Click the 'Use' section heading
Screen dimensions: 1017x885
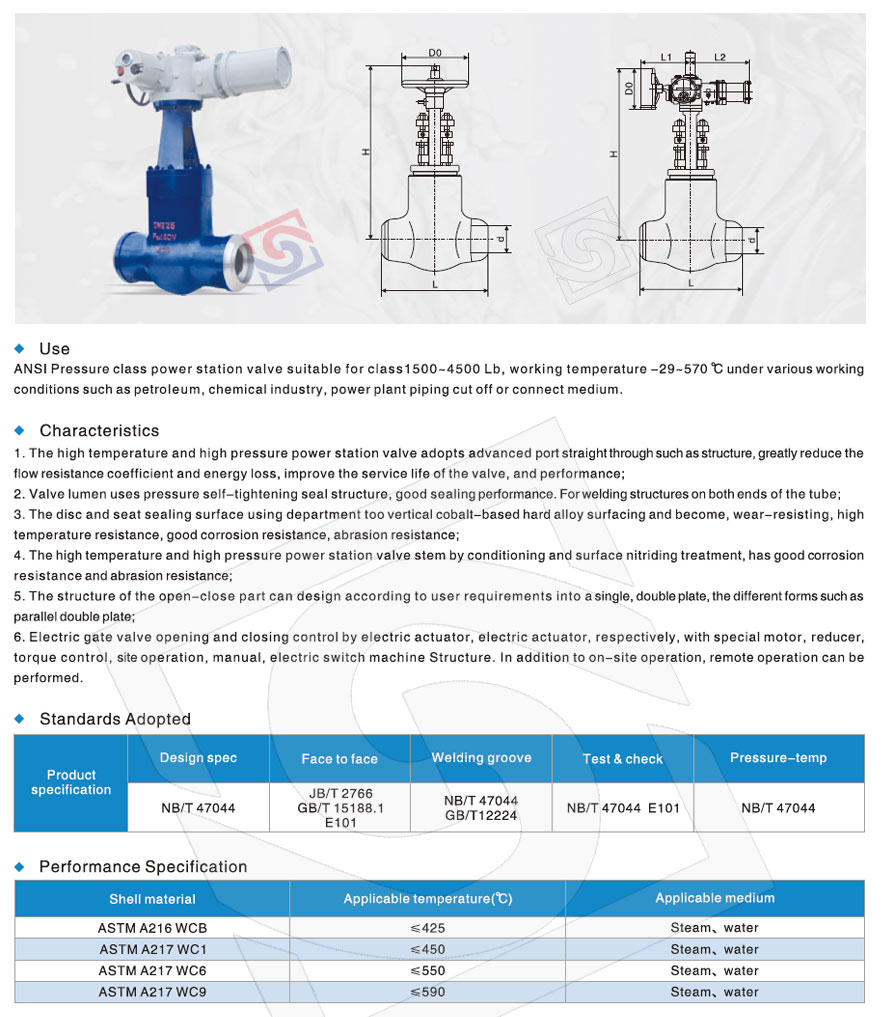[54, 349]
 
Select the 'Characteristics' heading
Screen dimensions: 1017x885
[99, 431]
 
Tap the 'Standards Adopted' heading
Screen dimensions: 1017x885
[115, 719]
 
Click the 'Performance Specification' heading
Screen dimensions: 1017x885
[143, 867]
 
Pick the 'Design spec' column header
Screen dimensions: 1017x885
[198, 758]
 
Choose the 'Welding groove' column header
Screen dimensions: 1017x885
[481, 758]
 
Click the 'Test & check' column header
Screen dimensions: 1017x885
[622, 759]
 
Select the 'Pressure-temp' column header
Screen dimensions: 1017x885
[778, 758]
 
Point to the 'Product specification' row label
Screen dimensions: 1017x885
[71, 782]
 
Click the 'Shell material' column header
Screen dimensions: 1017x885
[152, 899]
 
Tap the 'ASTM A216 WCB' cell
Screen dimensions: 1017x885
[152, 927]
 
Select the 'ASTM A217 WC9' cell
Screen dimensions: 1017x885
[152, 992]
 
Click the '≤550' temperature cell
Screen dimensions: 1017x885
[428, 970]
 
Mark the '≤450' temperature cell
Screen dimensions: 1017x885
[428, 949]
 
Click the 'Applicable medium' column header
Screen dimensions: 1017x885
[714, 898]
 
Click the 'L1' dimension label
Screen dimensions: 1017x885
[667, 57]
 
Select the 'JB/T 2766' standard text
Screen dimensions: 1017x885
[340, 792]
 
